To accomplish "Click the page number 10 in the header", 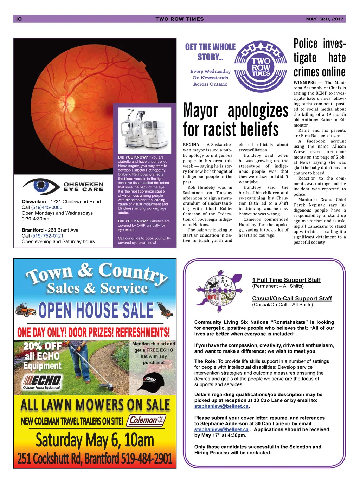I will (x=19, y=19).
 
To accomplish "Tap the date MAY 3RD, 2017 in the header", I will (x=324, y=19).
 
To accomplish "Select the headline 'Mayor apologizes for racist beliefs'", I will (x=235, y=120).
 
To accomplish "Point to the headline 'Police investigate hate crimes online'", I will (x=319, y=58).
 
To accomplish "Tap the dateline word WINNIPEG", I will (x=304, y=83).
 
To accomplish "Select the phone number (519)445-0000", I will (x=47, y=207).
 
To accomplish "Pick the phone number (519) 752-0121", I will (x=47, y=236).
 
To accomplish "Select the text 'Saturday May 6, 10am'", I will (x=95, y=440).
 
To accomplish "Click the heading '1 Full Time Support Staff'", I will (x=286, y=280).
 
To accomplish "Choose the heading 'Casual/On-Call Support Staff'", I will (x=292, y=298).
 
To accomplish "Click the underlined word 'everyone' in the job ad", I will (x=255, y=334).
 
